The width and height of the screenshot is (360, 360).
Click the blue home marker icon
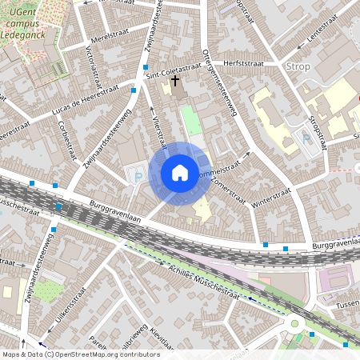click(180, 173)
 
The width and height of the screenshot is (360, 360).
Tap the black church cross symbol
click(174, 81)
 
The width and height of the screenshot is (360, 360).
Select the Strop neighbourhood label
click(298, 66)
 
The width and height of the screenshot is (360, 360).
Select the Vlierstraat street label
click(158, 130)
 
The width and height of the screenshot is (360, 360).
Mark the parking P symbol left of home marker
click(138, 178)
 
